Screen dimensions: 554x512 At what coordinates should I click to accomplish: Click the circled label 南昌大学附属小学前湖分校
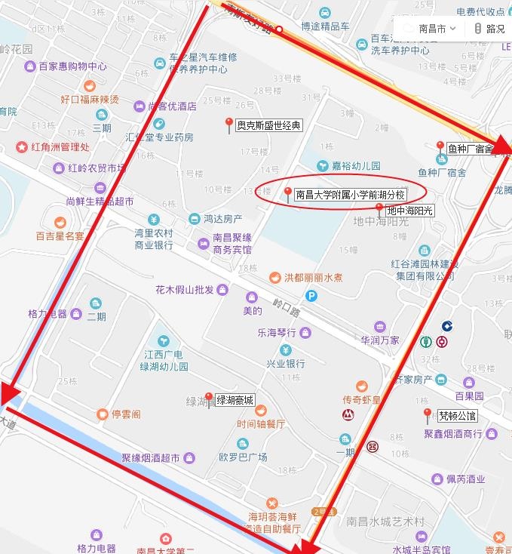click(x=350, y=194)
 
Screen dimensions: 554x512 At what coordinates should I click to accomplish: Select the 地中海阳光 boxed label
click(x=410, y=211)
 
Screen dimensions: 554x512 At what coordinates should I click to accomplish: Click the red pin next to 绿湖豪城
click(x=209, y=399)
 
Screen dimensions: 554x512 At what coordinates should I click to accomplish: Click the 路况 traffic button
click(x=489, y=29)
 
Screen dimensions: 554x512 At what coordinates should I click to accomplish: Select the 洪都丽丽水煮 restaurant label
click(x=313, y=278)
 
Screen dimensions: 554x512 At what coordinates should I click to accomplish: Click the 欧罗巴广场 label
click(x=243, y=457)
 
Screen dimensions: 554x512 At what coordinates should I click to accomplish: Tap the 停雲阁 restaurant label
click(x=126, y=414)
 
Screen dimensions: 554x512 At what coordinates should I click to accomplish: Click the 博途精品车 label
click(x=325, y=26)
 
